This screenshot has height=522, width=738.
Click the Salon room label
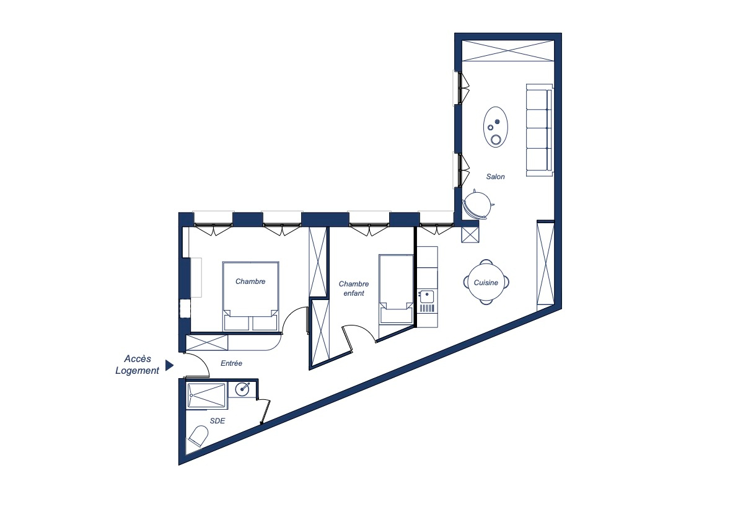click(x=495, y=177)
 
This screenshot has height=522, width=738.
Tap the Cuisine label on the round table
click(x=486, y=283)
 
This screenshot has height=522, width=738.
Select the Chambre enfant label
click(x=353, y=288)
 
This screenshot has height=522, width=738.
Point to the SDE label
click(x=217, y=421)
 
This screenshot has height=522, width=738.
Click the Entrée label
click(x=231, y=363)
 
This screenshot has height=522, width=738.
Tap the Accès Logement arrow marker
click(x=169, y=365)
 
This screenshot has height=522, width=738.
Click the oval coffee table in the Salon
click(x=496, y=127)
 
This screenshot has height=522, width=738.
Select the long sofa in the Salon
click(x=539, y=130)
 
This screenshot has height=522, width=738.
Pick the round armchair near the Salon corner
click(x=478, y=205)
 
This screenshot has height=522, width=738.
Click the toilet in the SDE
click(x=199, y=436)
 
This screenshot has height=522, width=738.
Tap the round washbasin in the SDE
click(x=242, y=389)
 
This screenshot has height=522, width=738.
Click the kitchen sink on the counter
click(x=426, y=296)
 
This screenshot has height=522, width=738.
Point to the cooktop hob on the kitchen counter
click(x=426, y=309)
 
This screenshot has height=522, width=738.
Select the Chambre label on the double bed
click(x=250, y=281)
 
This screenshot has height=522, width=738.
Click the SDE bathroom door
click(x=265, y=412)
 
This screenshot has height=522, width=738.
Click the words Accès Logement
click(x=138, y=365)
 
